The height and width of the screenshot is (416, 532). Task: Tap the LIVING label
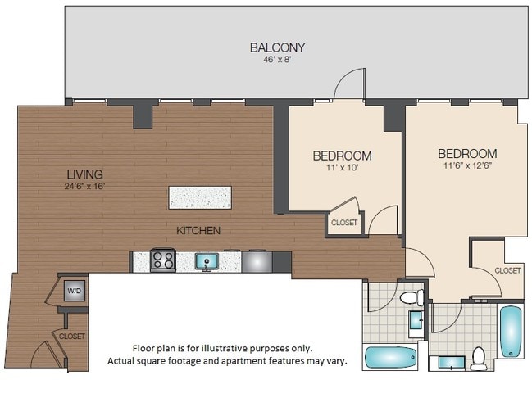coord(85,174)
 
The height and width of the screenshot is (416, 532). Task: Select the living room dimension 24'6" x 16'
coord(85,186)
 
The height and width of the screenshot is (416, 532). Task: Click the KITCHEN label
coord(198,231)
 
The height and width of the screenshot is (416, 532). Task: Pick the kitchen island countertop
coord(200,197)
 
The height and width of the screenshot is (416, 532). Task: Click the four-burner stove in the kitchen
coord(163,261)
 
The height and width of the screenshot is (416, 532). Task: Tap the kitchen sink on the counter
coord(207,262)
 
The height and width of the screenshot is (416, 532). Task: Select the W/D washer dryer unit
coord(74,291)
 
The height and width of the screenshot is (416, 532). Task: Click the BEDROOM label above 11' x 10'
coord(342,156)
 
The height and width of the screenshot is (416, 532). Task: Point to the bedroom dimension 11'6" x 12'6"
coord(466,165)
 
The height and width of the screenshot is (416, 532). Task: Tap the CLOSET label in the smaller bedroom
coord(343,222)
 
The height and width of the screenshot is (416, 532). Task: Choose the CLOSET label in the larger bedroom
coord(507,270)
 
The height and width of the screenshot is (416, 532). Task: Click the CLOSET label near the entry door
coord(71,336)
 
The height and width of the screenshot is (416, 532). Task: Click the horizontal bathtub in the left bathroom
coord(391,358)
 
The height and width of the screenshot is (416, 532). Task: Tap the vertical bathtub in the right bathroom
coord(511,331)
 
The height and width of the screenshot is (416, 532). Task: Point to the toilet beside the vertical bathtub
coord(478,358)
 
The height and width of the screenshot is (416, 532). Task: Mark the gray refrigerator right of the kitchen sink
coord(257,261)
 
